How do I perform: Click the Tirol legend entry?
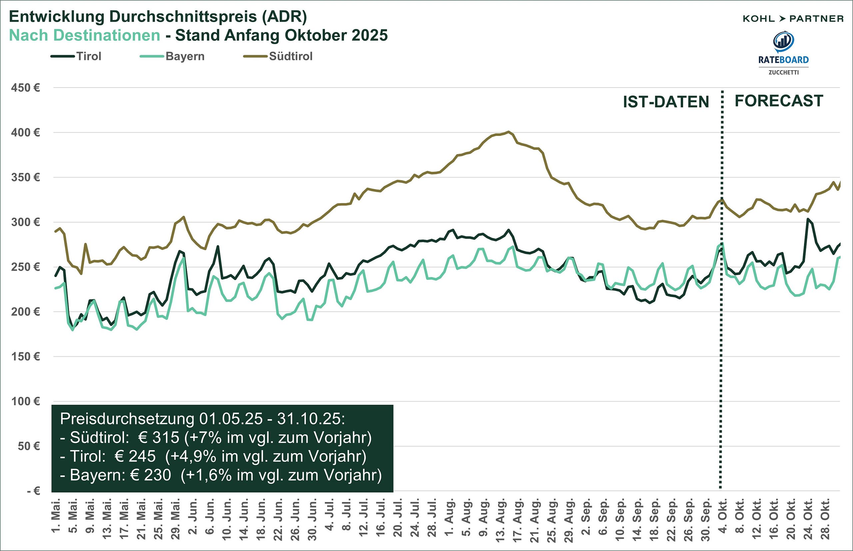[x=88, y=57]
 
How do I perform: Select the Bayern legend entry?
[x=185, y=57]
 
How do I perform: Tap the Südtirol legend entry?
[x=291, y=57]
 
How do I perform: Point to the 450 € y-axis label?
[x=25, y=88]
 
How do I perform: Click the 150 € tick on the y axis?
[x=25, y=357]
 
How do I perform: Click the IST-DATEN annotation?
[x=666, y=102]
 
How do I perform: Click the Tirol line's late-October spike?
[x=808, y=219]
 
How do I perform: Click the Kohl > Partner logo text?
[x=793, y=19]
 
